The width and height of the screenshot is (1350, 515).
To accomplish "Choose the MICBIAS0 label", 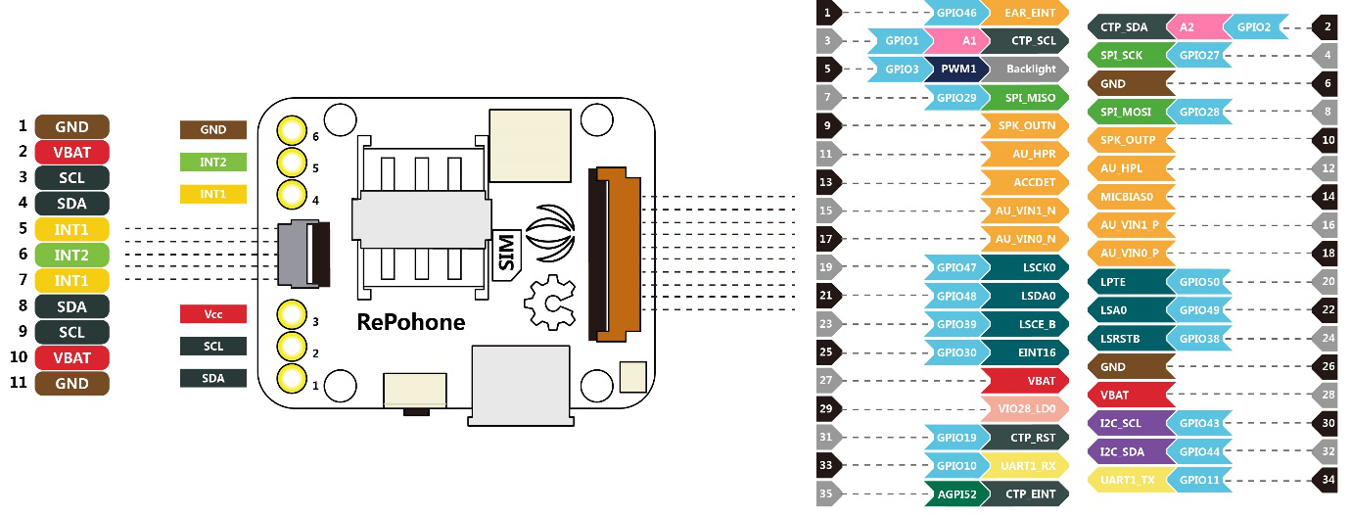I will coord(1128,197).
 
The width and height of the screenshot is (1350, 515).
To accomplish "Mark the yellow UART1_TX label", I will coord(1128,480).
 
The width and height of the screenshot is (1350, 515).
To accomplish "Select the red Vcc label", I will coord(212,314).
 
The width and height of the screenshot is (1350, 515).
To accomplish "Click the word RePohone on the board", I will coord(410,322).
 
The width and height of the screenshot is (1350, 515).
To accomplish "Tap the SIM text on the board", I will coord(507,254).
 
